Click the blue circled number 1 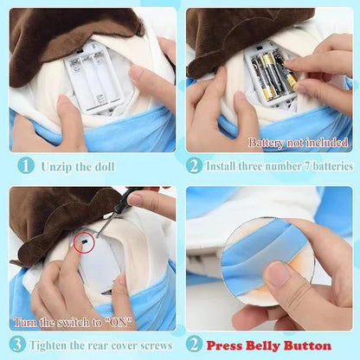[x=27, y=165]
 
